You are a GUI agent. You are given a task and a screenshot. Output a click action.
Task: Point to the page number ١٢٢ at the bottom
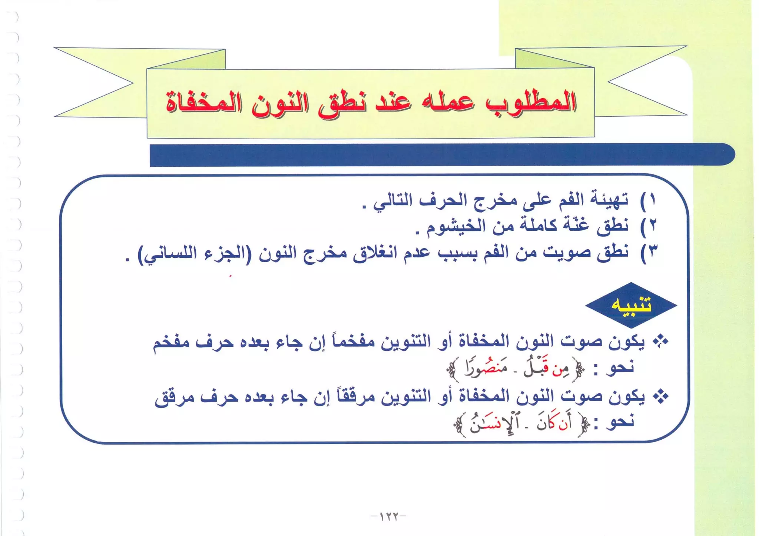click(388, 516)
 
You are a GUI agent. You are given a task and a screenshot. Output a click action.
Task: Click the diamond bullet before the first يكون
click(660, 341)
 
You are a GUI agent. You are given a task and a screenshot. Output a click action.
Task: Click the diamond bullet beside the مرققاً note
click(660, 396)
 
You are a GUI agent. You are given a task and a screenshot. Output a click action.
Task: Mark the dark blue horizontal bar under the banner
click(441, 155)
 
